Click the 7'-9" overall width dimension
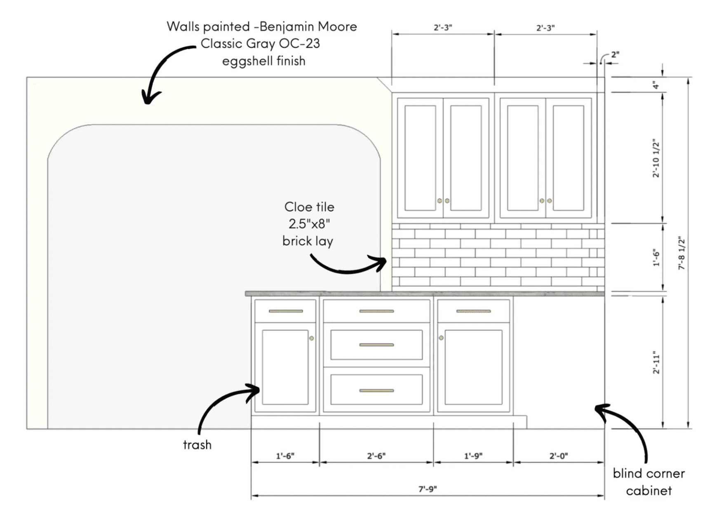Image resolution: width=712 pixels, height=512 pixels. pos(428,489)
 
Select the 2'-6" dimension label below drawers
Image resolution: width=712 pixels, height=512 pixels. pos(376,456)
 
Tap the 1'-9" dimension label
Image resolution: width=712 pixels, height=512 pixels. pos(473,456)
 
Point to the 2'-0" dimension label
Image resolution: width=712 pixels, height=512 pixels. pos(558,456)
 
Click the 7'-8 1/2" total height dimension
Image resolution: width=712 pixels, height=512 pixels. pos(681,253)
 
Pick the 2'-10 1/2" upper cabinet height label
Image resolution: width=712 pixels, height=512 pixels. pos(656,158)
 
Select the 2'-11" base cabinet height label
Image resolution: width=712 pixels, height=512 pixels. pos(656,363)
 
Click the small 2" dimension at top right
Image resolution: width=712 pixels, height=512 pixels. pos(615,55)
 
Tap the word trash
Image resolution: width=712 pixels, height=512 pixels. pos(197,445)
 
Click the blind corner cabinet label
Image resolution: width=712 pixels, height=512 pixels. pos(649,481)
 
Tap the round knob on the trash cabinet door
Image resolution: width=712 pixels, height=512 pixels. pos(312,338)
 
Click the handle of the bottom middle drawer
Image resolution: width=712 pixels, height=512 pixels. pos(376,390)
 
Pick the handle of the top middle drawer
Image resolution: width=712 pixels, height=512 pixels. pos(376,311)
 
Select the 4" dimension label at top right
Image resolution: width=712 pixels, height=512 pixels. pos(656,85)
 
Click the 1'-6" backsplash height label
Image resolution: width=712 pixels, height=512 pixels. pos(656,258)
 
